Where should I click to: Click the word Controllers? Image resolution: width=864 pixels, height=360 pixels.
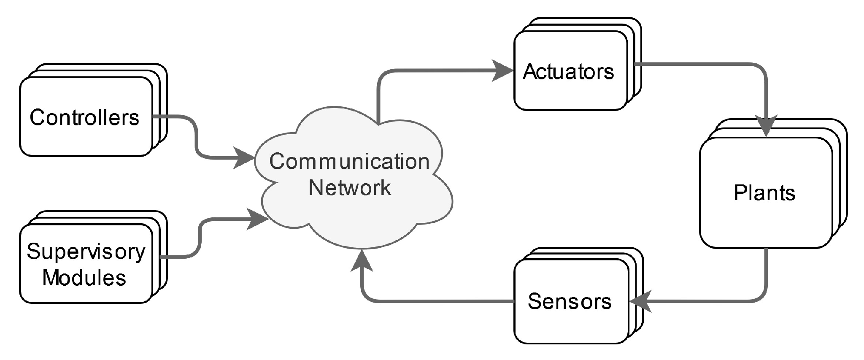click(84, 117)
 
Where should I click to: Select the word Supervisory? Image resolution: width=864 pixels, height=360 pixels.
click(86, 252)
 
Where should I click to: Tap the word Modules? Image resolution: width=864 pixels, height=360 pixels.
click(84, 278)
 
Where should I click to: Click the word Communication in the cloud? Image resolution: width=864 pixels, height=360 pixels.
click(349, 162)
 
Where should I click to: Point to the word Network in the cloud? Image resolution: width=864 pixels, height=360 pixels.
click(350, 187)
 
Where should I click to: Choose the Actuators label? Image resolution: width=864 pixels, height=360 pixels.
click(568, 72)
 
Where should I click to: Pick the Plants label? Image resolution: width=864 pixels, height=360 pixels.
click(764, 193)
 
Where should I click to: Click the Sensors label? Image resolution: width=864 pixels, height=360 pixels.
click(570, 301)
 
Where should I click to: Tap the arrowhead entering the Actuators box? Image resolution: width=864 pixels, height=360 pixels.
click(503, 70)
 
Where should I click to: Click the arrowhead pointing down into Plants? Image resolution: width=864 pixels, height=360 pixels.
click(765, 126)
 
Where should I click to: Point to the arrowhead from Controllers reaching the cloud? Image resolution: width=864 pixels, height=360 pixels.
click(245, 158)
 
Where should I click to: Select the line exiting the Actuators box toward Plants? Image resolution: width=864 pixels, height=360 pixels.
click(696, 64)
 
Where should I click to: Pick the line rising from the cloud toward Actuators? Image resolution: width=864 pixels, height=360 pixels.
click(378, 97)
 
